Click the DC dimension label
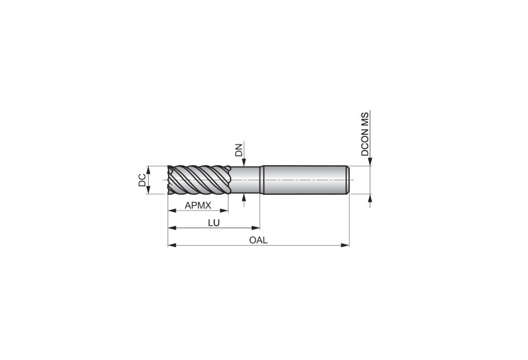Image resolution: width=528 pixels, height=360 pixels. pyautogui.click(x=142, y=180)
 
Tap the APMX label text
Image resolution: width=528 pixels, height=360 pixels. pyautogui.click(x=198, y=205)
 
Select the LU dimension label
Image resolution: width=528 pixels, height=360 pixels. pyautogui.click(x=214, y=222)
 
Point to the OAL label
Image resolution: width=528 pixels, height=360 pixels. pyautogui.click(x=258, y=240)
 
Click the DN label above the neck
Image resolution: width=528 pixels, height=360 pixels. pyautogui.click(x=239, y=150)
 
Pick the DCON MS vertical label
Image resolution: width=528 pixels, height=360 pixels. pyautogui.click(x=365, y=134)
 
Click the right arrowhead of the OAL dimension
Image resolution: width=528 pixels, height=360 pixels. pyautogui.click(x=345, y=245)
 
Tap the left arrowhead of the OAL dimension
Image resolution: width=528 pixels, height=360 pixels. pyautogui.click(x=172, y=245)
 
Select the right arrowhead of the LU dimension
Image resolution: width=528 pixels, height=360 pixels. pyautogui.click(x=255, y=228)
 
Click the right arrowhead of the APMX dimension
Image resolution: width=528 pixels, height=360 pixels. pyautogui.click(x=224, y=211)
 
